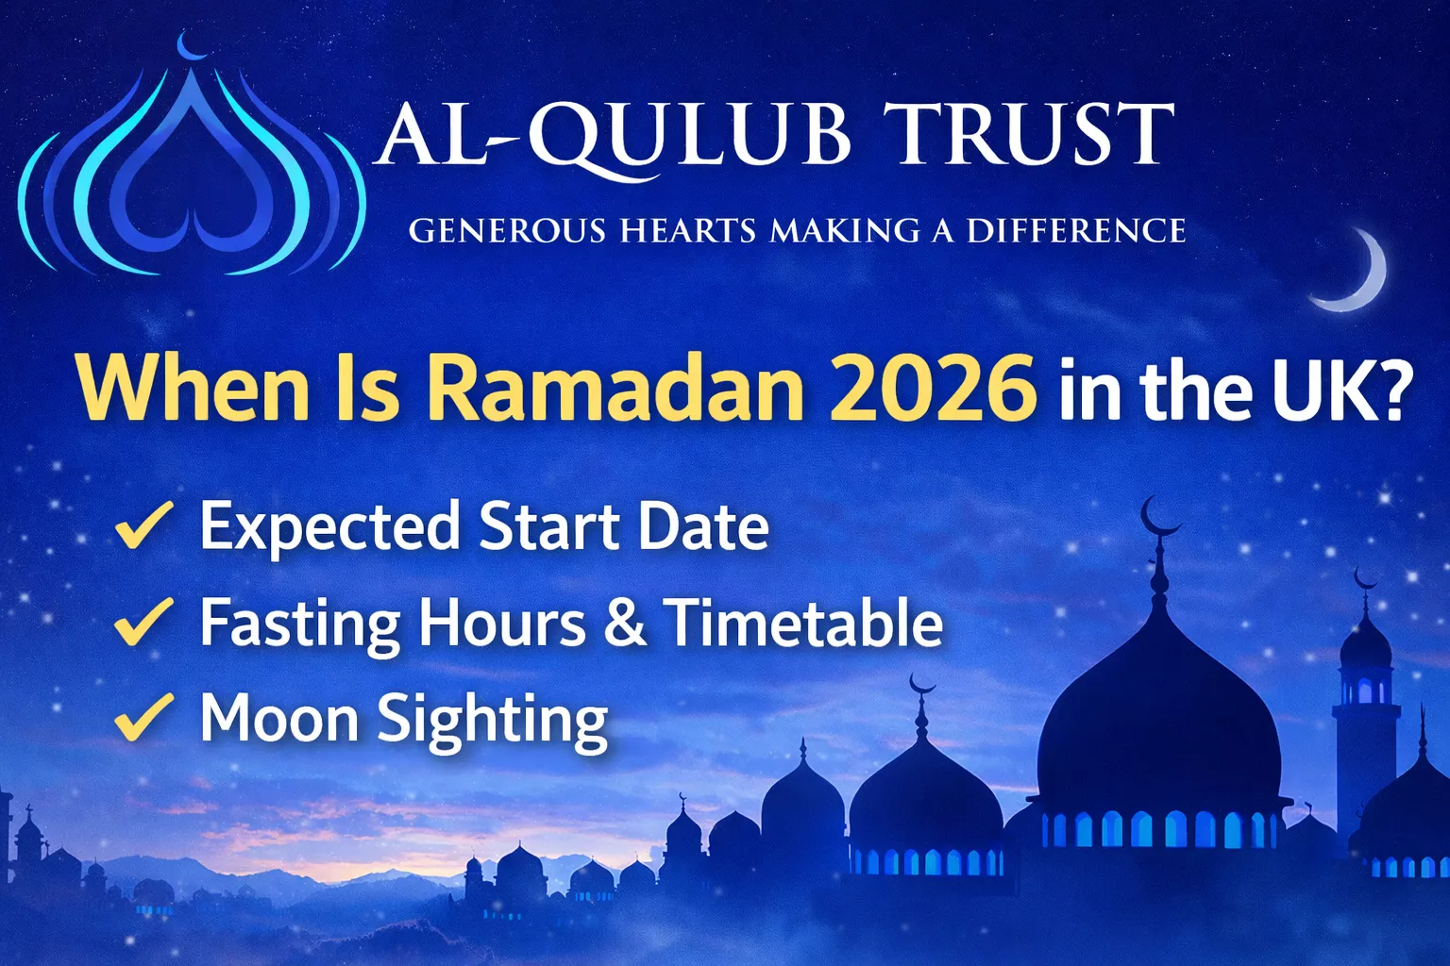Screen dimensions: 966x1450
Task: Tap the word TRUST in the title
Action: pos(1031,136)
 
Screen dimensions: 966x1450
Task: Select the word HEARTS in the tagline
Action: pos(688,231)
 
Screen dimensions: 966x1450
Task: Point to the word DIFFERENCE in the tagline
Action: pos(1075,231)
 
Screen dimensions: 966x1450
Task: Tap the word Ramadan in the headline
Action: pos(616,388)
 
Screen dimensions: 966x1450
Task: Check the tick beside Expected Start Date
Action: pos(143,525)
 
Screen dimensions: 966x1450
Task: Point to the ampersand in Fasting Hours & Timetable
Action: pos(625,624)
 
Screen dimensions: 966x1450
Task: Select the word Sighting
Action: pos(493,721)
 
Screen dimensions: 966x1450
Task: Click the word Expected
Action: pos(329,527)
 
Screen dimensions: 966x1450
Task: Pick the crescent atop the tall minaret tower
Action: pos(1364,577)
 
